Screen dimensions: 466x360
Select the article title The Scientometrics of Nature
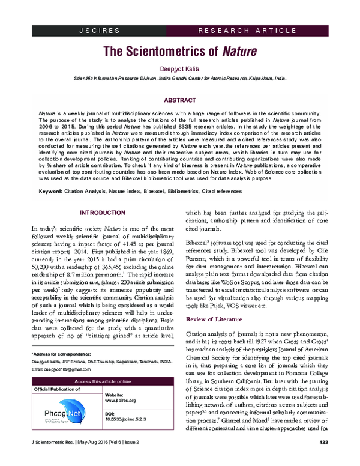[x=180, y=52]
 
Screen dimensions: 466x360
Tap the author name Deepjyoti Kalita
[x=180, y=70]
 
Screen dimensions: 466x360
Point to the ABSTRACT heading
[x=180, y=100]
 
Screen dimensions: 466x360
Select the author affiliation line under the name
[x=180, y=79]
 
